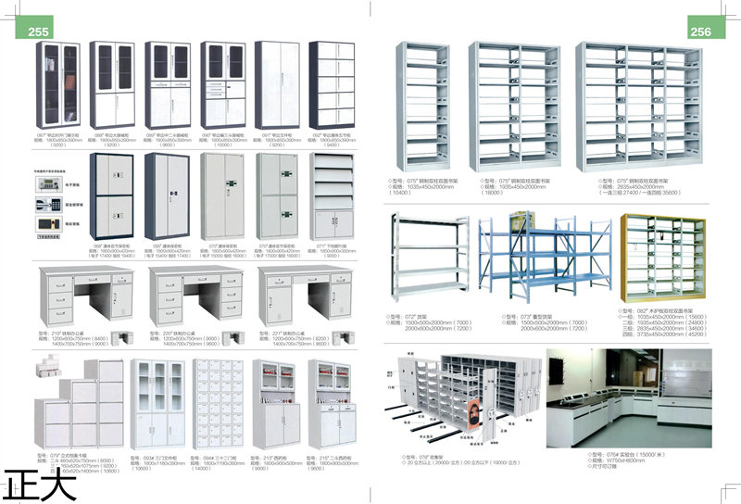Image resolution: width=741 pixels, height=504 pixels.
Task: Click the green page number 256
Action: (700, 31)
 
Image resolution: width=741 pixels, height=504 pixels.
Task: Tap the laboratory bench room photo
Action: (629, 397)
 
